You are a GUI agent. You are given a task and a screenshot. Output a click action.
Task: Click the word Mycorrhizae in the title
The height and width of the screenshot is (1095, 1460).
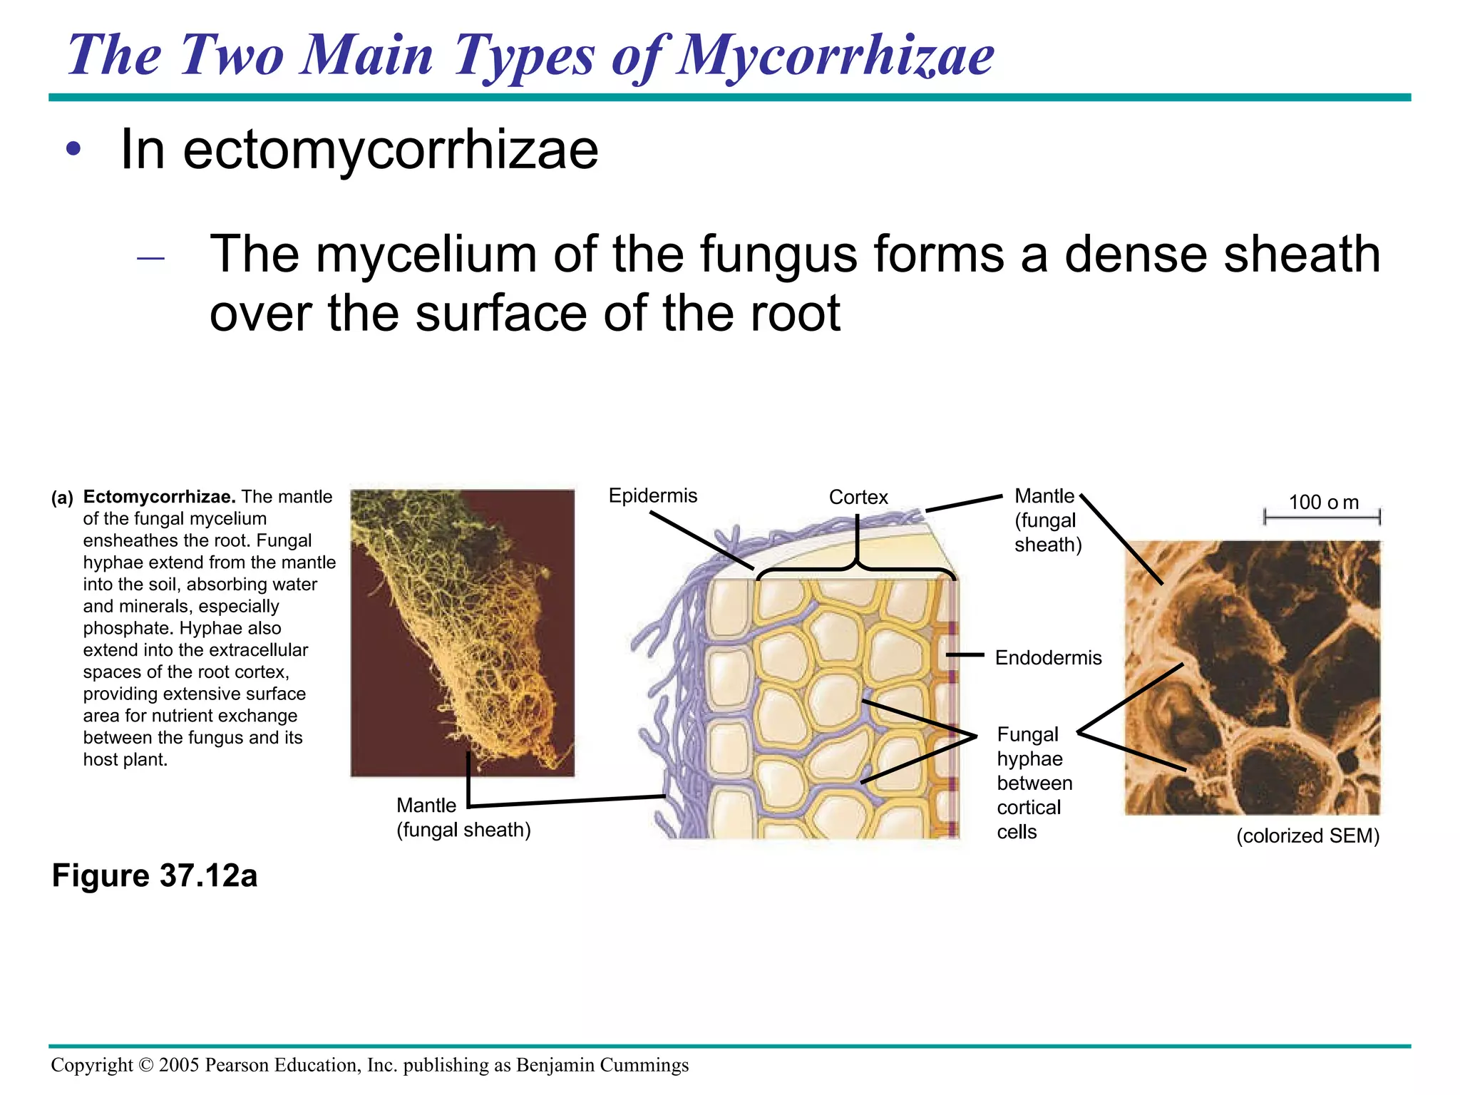pos(836,56)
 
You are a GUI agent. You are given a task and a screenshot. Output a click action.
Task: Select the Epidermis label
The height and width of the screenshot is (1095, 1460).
pos(652,495)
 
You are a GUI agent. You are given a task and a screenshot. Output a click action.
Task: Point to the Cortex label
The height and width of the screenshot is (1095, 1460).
pos(858,497)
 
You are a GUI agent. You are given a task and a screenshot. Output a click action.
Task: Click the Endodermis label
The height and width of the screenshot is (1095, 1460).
pos(1048,657)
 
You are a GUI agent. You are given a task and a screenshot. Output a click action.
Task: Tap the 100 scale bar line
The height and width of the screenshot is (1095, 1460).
pos(1322,516)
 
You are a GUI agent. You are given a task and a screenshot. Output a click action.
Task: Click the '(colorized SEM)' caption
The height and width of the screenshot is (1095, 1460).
pos(1307,836)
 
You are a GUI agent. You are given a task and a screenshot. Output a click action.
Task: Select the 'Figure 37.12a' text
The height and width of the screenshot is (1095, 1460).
pos(155,875)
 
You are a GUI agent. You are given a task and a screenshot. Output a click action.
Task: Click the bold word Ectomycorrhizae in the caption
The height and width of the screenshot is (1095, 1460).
pos(160,497)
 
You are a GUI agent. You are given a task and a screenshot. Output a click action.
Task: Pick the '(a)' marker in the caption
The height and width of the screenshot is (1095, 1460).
pos(62,498)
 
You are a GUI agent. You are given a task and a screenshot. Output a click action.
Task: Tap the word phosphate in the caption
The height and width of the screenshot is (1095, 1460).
pos(127,628)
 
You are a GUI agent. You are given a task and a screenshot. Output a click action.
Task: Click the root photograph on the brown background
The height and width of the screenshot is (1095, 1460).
pos(462,632)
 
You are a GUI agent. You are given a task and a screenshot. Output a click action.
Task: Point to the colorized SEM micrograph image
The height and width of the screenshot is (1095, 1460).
pos(1253,677)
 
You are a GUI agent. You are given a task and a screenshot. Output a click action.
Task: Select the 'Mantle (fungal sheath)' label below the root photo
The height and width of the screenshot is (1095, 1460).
pos(463,818)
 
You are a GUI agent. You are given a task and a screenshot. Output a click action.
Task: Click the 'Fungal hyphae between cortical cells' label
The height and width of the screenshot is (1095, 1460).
pos(1034,783)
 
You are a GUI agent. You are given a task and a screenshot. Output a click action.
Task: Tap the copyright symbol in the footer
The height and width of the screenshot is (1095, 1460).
pos(146,1065)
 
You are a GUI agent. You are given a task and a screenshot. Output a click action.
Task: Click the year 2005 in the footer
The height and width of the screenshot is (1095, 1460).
pos(179,1065)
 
